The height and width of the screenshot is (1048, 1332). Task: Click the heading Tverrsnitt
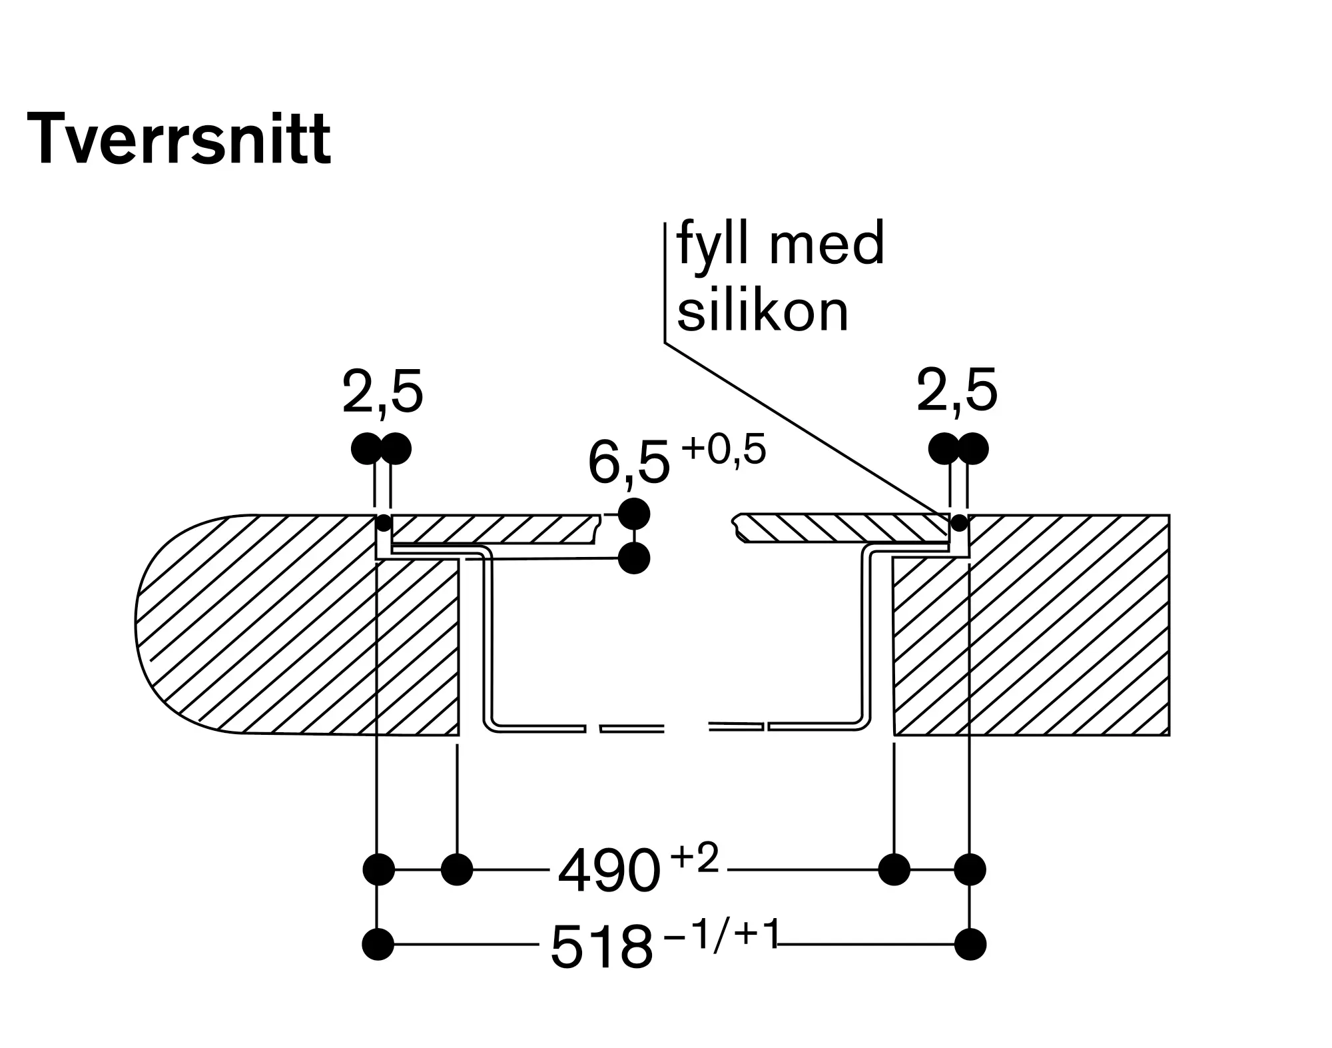coord(178,139)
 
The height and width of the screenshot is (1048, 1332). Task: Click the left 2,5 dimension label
coord(382,392)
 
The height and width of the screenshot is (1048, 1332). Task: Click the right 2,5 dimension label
coord(957,391)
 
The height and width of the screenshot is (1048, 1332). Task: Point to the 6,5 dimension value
coord(628,464)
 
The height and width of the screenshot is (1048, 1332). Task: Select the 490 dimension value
coord(609,871)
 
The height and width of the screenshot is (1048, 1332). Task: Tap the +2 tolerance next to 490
coord(695,858)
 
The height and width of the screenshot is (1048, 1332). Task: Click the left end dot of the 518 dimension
coord(378,944)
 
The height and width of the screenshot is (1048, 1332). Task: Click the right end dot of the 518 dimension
coord(970,944)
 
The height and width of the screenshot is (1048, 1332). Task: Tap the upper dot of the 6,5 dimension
coord(634,514)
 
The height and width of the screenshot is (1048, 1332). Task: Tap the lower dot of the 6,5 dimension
coord(634,558)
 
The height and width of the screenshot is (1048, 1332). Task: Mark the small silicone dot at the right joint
coord(959,522)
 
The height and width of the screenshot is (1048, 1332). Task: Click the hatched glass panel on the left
coord(493,529)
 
